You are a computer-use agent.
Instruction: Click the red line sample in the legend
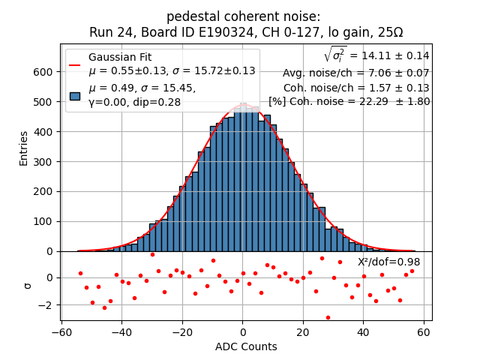[75, 64]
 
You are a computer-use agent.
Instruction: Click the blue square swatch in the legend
[75, 96]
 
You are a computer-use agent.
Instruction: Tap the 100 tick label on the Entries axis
[43, 221]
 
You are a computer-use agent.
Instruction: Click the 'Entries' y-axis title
[24, 148]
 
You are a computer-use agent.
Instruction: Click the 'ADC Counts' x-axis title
[246, 346]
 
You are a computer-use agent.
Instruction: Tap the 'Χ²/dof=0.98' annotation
[388, 262]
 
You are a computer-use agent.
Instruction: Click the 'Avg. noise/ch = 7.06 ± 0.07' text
[355, 73]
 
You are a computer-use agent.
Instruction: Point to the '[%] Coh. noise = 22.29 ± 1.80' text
[349, 101]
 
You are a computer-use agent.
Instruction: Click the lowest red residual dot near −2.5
[328, 317]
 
